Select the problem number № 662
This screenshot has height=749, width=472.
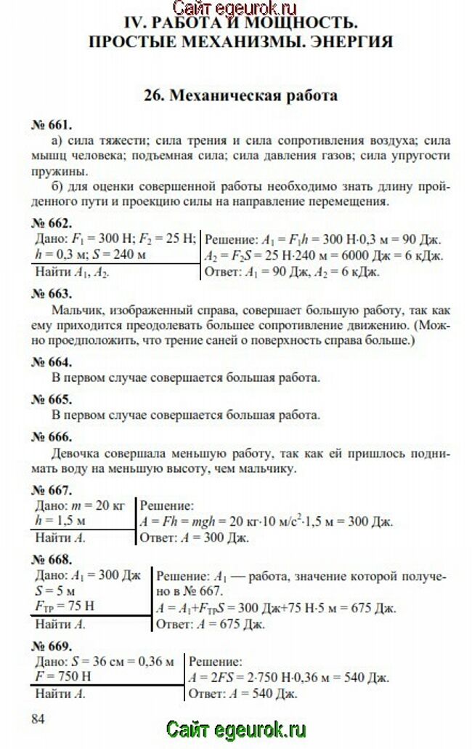pos(52,223)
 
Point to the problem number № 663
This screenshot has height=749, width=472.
pos(52,294)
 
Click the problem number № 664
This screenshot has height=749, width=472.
pos(52,361)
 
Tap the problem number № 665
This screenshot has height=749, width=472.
pos(52,399)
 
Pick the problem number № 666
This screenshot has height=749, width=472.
pos(52,437)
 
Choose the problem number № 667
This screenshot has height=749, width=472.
pos(52,489)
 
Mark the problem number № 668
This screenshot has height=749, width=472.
pos(52,559)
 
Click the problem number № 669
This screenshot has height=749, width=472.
pos(52,646)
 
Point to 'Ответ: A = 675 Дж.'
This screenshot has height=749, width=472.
pos(211,624)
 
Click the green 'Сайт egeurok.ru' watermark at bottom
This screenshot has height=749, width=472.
pos(236,729)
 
